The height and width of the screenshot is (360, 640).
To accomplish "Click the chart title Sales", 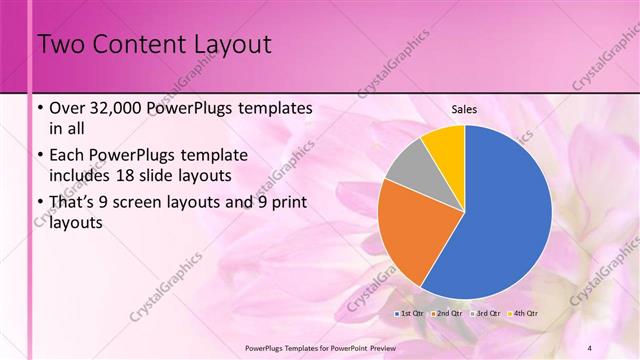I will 464,109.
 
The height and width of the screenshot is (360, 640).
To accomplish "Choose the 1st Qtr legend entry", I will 411,313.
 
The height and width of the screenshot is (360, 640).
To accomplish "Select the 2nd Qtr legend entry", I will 447,313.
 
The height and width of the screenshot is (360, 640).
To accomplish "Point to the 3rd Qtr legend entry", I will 484,313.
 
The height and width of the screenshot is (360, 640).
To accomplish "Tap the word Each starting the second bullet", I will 67,155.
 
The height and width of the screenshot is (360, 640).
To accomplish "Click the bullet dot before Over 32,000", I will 39,107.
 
